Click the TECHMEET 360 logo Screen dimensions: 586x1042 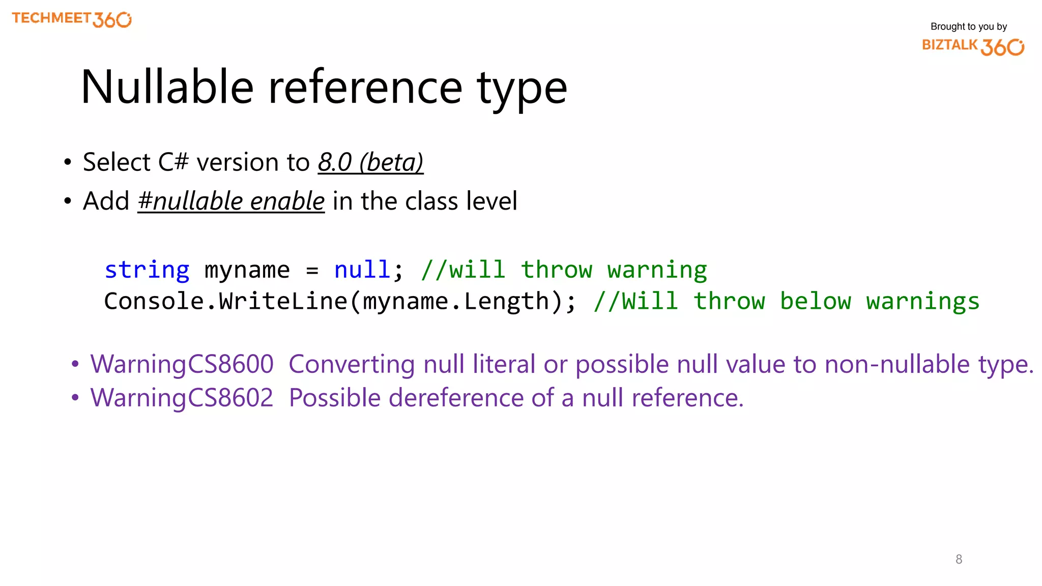[x=71, y=19]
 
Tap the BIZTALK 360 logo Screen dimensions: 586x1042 [x=973, y=46]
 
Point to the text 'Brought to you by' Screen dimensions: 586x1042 [x=968, y=26]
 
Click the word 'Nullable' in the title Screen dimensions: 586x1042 [x=167, y=87]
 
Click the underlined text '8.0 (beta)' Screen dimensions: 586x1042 [x=370, y=162]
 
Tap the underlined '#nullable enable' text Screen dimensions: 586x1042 [x=231, y=201]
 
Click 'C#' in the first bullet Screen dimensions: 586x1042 [x=173, y=162]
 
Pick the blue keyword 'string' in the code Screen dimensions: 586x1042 [x=147, y=270]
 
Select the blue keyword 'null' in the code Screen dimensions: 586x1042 [x=362, y=270]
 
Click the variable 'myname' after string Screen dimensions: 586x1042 [x=247, y=270]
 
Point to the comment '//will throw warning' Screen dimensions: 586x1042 [x=564, y=270]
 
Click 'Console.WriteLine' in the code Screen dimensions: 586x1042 [x=225, y=301]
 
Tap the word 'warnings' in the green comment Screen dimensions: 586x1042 [x=922, y=301]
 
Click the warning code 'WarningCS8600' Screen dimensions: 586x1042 [x=182, y=364]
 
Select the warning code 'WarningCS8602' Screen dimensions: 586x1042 [x=182, y=398]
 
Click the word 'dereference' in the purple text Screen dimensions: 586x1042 [x=456, y=398]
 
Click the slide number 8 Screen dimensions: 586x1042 [x=959, y=560]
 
